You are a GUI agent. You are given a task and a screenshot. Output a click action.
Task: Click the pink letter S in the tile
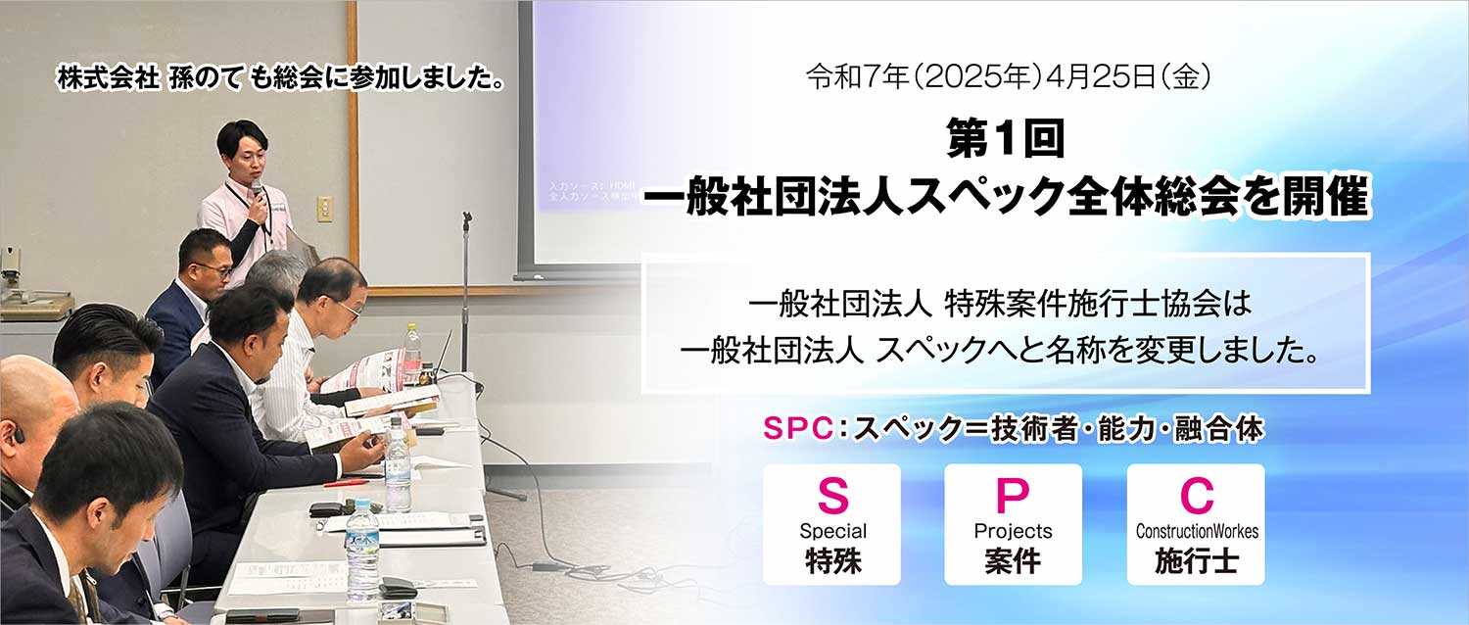(831, 497)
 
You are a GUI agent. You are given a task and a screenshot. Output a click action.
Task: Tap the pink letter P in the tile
(1013, 497)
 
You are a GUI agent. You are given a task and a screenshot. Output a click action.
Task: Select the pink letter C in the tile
(1196, 497)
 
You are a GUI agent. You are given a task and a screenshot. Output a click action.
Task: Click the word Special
(832, 532)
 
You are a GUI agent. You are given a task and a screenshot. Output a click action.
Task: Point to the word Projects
(1013, 532)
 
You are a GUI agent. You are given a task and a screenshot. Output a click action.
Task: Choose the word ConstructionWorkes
(1196, 532)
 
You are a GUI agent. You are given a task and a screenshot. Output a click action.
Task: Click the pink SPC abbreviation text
(795, 430)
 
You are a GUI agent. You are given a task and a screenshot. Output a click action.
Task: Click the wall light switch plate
(324, 208)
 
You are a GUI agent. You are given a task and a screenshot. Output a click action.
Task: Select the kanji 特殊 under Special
(832, 561)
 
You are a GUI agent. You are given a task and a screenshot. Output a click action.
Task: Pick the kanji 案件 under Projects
(1013, 561)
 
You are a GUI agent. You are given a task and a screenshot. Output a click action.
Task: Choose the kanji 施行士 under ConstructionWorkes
(1196, 561)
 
